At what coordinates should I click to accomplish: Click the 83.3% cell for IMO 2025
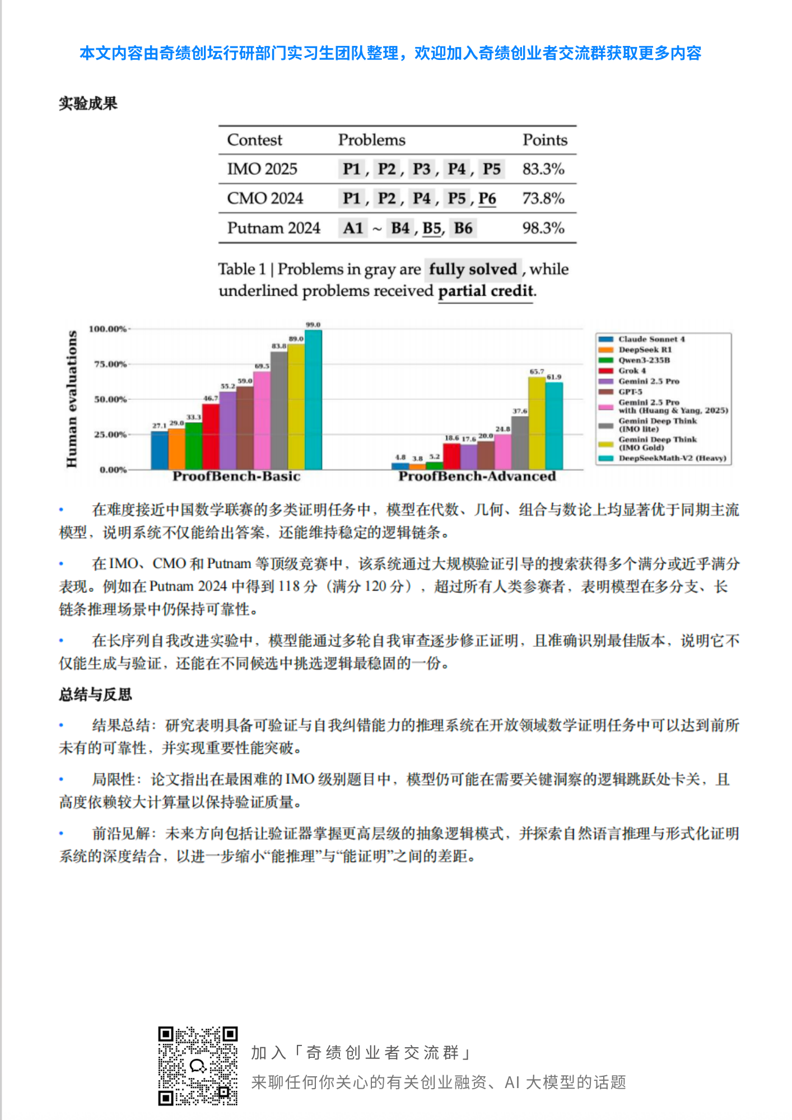(x=543, y=169)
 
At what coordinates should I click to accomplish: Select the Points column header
(x=544, y=140)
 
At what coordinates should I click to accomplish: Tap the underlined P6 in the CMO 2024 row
(x=487, y=199)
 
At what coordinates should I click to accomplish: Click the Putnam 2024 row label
(x=273, y=228)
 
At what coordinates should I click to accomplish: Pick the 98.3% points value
(x=543, y=228)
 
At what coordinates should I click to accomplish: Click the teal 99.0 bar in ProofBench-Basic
(x=313, y=400)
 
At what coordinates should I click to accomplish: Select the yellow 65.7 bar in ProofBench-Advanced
(x=537, y=423)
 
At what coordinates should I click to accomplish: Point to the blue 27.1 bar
(x=160, y=450)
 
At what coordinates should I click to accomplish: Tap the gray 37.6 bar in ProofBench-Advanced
(x=520, y=442)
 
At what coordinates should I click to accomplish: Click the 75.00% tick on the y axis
(x=110, y=364)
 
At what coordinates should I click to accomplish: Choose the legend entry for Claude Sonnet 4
(x=651, y=339)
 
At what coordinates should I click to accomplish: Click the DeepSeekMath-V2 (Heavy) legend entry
(x=672, y=458)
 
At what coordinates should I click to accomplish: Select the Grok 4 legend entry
(x=632, y=371)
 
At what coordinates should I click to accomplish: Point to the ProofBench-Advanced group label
(x=477, y=477)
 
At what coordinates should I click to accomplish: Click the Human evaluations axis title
(x=72, y=399)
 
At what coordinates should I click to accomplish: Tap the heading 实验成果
(x=88, y=104)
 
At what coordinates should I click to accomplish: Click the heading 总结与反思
(x=95, y=695)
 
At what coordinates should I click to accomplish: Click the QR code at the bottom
(x=198, y=1066)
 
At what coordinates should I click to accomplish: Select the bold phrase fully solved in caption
(x=472, y=269)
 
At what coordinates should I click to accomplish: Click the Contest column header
(x=254, y=140)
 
